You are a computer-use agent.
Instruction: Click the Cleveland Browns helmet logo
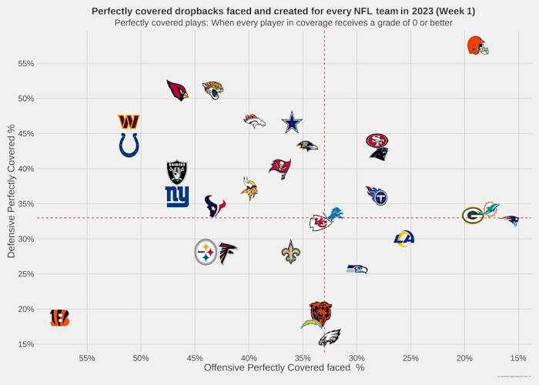[477, 45]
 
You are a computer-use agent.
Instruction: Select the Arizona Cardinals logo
[178, 90]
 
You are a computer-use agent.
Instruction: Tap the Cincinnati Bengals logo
[59, 317]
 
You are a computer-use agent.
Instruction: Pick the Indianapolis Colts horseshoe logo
[129, 145]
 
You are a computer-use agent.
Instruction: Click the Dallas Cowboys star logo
[292, 122]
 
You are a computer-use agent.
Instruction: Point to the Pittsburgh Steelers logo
[205, 253]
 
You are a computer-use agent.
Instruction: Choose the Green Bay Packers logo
[473, 216]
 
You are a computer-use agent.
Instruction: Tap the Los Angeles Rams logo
[403, 239]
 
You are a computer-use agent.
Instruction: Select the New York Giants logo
[177, 197]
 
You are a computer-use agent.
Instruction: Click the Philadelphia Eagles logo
[330, 337]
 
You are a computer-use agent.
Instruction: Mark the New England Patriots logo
[508, 220]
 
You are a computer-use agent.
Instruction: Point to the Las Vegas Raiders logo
[177, 172]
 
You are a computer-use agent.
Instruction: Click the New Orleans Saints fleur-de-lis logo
[290, 252]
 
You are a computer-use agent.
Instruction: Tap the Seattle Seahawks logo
[357, 269]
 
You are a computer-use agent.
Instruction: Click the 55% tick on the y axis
[25, 63]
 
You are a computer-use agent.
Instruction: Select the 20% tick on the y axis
[25, 310]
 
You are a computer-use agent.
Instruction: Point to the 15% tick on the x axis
[518, 358]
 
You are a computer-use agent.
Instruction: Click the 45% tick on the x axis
[195, 358]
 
